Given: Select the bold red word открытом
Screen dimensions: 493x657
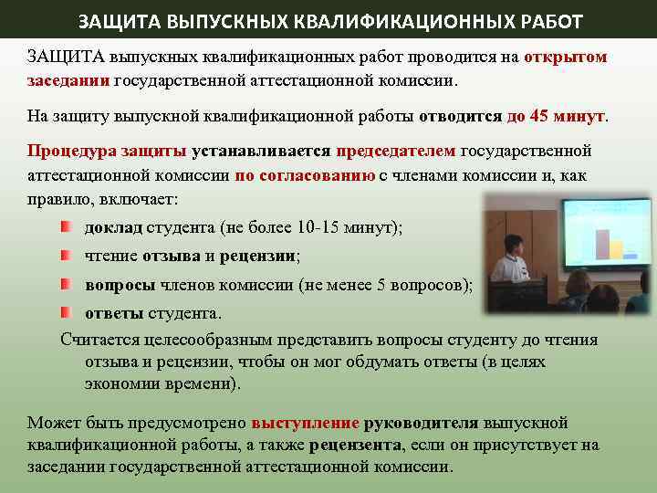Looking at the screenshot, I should [x=566, y=57].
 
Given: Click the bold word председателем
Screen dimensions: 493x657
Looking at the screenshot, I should [x=396, y=151].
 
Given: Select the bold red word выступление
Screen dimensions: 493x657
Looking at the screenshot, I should [x=305, y=424].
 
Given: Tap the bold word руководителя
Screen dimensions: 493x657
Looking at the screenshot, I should [x=421, y=424].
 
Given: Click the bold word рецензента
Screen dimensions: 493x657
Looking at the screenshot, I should [x=355, y=446].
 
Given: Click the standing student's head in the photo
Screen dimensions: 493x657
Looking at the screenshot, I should [x=513, y=244].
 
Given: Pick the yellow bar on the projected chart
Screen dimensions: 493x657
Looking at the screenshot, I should [x=617, y=248].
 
